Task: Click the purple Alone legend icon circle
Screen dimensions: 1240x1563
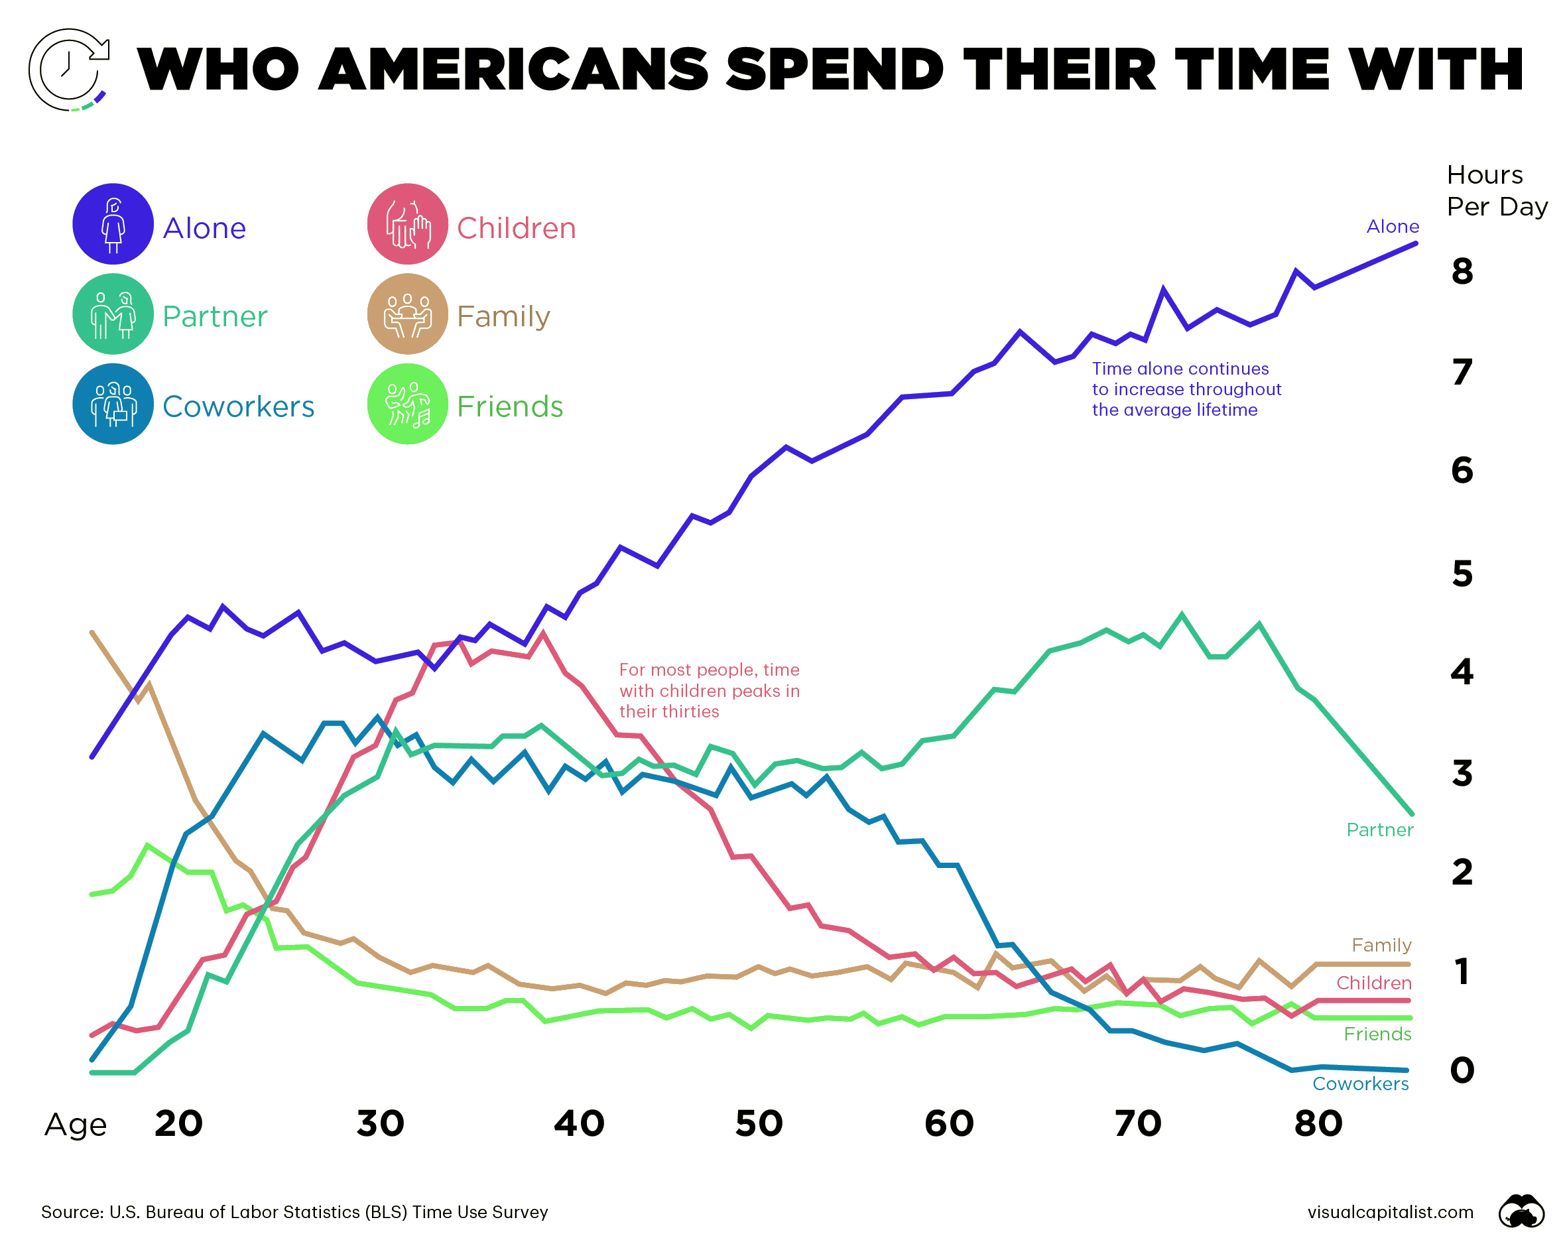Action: pyautogui.click(x=113, y=224)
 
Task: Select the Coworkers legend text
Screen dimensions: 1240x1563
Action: pyautogui.click(x=238, y=406)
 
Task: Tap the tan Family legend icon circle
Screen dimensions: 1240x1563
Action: pyautogui.click(x=407, y=314)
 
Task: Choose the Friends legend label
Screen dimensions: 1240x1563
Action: pyautogui.click(x=510, y=406)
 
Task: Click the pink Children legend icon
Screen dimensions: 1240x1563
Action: pyautogui.click(x=407, y=224)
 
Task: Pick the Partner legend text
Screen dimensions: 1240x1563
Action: pyautogui.click(x=215, y=317)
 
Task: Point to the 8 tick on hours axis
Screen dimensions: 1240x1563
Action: pyautogui.click(x=1462, y=272)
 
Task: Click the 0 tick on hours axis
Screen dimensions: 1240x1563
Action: pyautogui.click(x=1462, y=1070)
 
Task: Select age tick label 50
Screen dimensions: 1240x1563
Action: pyautogui.click(x=759, y=1123)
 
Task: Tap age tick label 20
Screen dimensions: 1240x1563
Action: pyautogui.click(x=178, y=1123)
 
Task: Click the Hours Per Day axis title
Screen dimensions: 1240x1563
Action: pyautogui.click(x=1495, y=190)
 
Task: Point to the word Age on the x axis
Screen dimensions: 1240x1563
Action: pyautogui.click(x=76, y=1125)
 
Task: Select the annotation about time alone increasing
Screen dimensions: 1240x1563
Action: pyautogui.click(x=1186, y=389)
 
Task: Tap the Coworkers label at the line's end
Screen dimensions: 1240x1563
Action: pyautogui.click(x=1360, y=1084)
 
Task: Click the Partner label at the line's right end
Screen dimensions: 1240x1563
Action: pyautogui.click(x=1379, y=830)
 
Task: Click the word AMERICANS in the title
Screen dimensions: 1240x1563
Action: pyautogui.click(x=513, y=70)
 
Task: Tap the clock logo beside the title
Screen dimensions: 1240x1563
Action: pyautogui.click(x=69, y=70)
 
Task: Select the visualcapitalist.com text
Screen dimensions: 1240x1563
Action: pyautogui.click(x=1390, y=1211)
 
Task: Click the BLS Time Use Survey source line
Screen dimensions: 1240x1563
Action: pyautogui.click(x=294, y=1211)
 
